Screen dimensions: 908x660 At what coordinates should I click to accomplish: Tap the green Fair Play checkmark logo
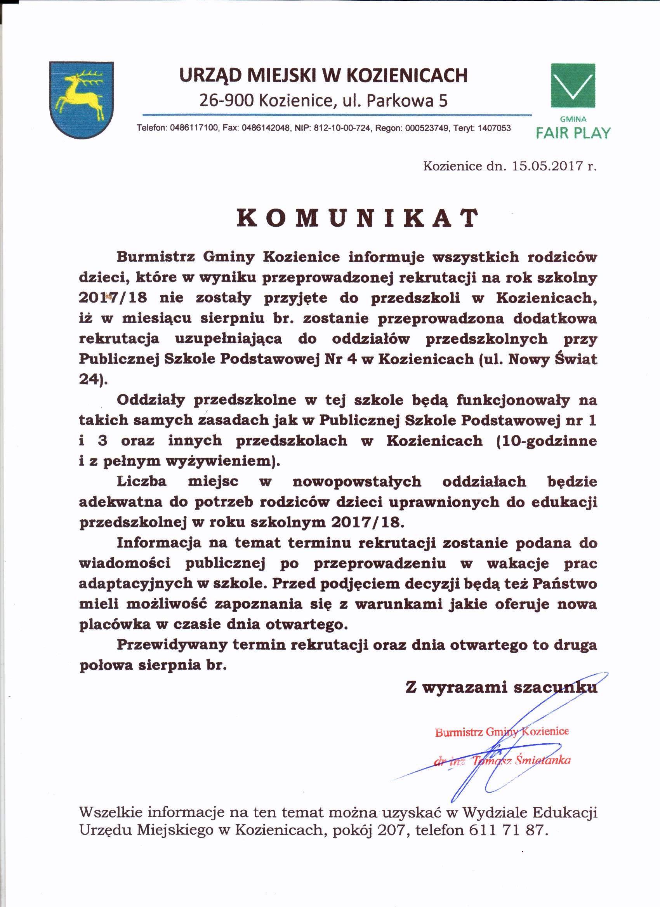coord(573,85)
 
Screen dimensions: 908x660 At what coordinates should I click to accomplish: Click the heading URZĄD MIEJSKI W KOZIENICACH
coord(323,75)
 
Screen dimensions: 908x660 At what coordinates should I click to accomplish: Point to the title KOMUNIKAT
coord(358,218)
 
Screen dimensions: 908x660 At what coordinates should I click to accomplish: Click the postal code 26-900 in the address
coord(226,101)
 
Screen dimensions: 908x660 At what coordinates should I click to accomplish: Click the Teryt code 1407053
coord(494,129)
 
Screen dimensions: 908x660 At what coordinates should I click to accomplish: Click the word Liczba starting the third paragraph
coord(141,481)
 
